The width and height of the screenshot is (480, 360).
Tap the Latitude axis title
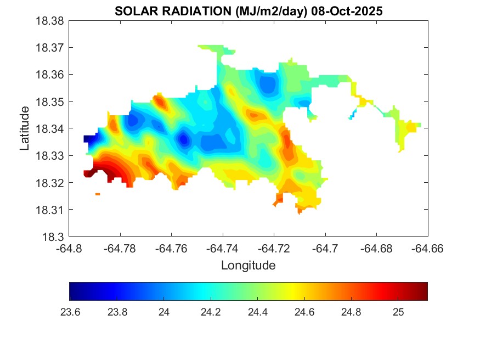pos(25,128)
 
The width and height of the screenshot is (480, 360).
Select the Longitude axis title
pos(248,266)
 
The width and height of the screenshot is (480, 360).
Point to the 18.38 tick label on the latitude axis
pos(50,21)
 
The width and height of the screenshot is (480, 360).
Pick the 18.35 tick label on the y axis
pos(50,102)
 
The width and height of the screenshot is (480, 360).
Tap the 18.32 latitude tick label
pos(50,183)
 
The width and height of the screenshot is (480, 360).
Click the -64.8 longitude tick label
pos(70,248)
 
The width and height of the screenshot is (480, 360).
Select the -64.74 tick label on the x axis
pos(223,248)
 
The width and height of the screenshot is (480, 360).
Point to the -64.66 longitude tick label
pos(428,248)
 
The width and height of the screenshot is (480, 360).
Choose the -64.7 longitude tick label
pos(325,248)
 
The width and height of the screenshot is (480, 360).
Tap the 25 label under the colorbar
pos(399,312)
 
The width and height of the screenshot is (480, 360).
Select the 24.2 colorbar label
pos(211,312)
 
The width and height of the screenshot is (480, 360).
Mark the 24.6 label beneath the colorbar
pos(304,312)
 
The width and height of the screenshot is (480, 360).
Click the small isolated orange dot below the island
pos(98,194)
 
